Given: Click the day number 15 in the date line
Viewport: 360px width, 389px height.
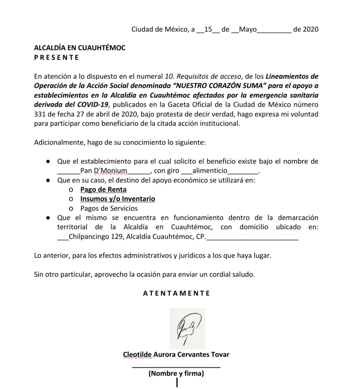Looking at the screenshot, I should click(208, 30).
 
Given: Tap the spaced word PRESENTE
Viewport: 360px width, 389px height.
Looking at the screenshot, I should click(56, 57).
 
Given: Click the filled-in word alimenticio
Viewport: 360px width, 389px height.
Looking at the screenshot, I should click(209, 171).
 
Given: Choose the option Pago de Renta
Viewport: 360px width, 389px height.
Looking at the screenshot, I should click(103, 189).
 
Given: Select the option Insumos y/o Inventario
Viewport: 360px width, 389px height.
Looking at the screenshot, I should click(118, 199).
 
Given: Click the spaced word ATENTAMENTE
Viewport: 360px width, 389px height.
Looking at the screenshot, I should click(176, 293).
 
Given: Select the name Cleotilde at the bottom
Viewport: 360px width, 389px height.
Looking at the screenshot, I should click(138, 355).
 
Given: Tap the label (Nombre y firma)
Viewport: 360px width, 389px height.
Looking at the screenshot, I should click(176, 374).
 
